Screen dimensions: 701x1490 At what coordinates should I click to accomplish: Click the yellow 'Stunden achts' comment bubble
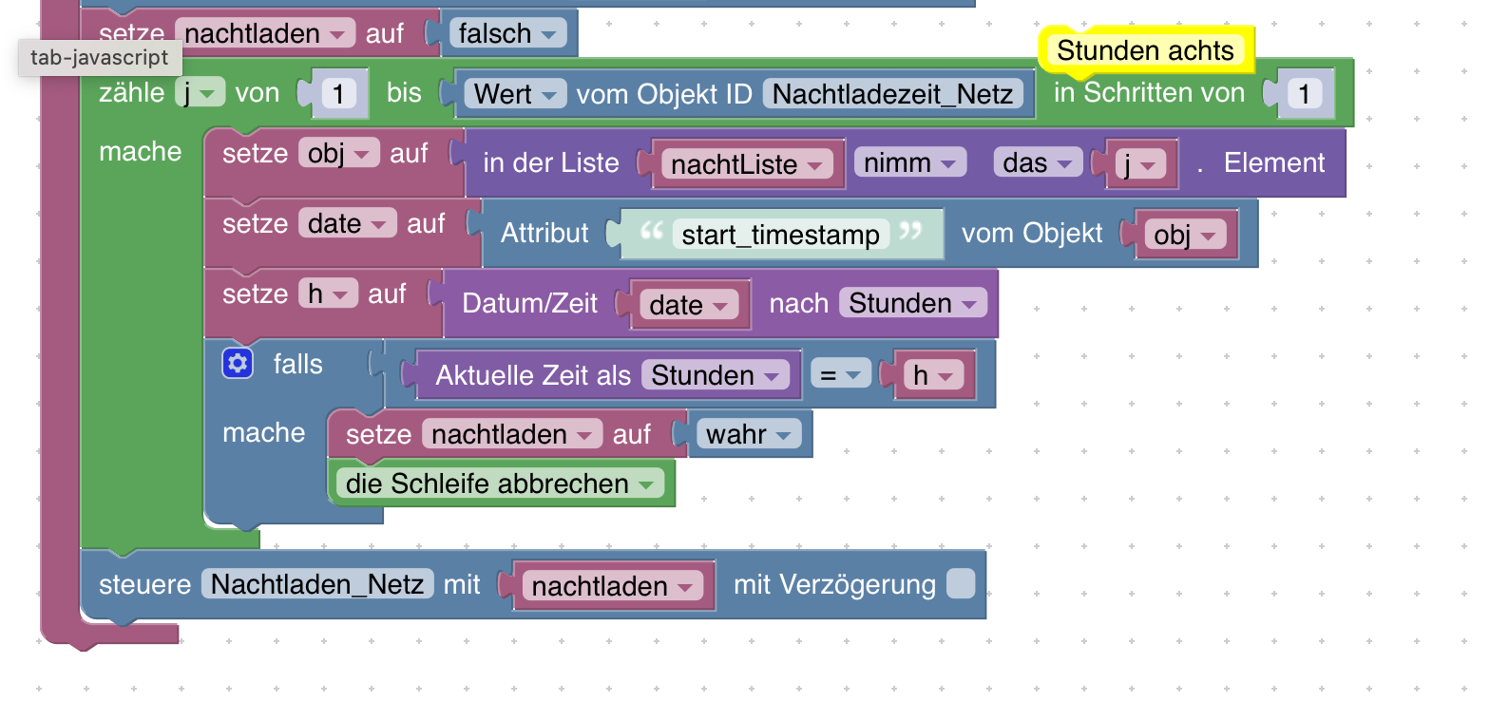coord(1145,50)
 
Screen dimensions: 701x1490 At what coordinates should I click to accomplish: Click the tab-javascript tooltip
coord(99,58)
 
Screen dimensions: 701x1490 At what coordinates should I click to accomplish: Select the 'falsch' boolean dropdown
coord(507,34)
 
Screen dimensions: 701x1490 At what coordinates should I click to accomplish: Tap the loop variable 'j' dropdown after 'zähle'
coord(200,93)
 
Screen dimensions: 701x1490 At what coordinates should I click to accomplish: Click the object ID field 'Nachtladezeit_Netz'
coord(894,93)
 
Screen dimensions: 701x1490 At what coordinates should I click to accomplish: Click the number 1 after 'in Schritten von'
coord(1305,93)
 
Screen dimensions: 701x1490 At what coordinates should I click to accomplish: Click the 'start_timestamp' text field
coord(780,235)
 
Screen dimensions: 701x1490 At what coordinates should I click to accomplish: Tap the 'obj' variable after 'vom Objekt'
coord(1183,235)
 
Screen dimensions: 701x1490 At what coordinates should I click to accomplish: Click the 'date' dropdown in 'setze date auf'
coord(347,224)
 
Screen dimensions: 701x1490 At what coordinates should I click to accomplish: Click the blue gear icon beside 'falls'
coord(238,363)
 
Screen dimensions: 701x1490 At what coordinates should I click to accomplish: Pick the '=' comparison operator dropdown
coord(839,375)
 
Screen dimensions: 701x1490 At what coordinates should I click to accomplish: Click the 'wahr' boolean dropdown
coord(748,434)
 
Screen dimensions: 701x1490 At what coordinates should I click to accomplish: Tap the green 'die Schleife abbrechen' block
coord(500,483)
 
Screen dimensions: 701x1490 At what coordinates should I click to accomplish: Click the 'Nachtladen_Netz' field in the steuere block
coord(317,584)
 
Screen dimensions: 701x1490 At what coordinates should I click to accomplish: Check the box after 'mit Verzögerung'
coord(961,584)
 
